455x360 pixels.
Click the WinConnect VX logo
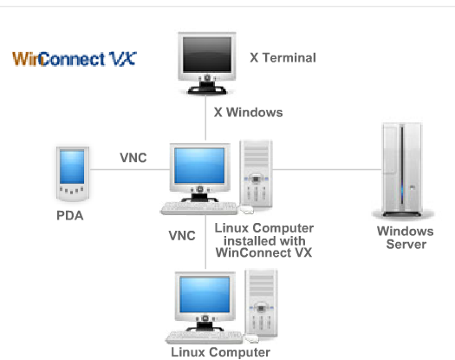point(75,59)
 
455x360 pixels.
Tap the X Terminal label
point(283,57)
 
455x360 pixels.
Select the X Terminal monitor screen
point(207,55)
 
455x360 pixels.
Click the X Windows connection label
point(249,113)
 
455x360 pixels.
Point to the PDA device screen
point(72,167)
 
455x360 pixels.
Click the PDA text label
point(70,216)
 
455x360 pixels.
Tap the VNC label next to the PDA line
point(133,158)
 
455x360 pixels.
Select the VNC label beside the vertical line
point(182,236)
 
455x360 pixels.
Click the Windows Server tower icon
point(402,170)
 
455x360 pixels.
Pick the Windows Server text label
point(406,238)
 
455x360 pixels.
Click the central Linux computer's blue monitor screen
point(199,166)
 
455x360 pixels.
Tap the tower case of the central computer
point(256,173)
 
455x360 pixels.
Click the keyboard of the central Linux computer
point(199,208)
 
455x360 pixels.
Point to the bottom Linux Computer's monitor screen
point(205,295)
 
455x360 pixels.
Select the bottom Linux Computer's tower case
point(261,303)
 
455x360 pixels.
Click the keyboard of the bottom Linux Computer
point(205,337)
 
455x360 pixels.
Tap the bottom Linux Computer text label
point(220,352)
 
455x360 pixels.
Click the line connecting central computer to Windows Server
point(327,169)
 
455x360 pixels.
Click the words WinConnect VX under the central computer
point(263,252)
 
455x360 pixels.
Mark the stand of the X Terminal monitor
point(207,88)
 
